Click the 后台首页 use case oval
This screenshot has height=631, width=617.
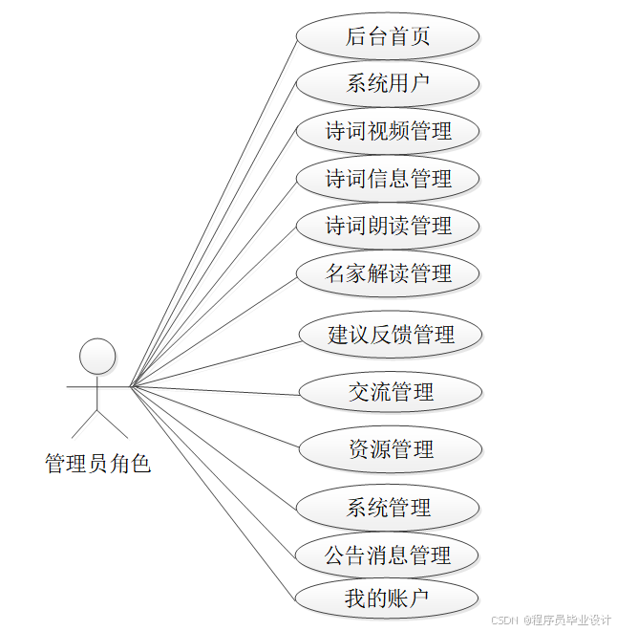coord(387,36)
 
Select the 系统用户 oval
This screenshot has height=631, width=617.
coord(387,84)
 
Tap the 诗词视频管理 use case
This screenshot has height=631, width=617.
coord(387,131)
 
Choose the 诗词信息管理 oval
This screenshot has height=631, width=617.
coord(387,179)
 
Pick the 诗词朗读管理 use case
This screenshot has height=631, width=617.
coord(387,227)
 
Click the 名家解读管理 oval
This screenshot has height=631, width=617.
coord(387,273)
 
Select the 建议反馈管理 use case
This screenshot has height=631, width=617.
coord(390,335)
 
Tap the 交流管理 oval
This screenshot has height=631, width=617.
coord(390,392)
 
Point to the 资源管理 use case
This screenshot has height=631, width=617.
coord(390,449)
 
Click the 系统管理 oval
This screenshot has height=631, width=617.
coord(387,508)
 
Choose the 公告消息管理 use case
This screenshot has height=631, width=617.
coord(387,555)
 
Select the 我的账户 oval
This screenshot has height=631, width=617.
coord(387,599)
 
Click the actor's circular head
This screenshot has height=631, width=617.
coord(97,356)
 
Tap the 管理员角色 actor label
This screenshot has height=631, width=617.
coord(97,465)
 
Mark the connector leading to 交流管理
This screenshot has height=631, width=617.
coord(215,389)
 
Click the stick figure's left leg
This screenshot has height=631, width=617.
coord(85,424)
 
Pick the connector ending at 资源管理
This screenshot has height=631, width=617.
coord(215,417)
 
